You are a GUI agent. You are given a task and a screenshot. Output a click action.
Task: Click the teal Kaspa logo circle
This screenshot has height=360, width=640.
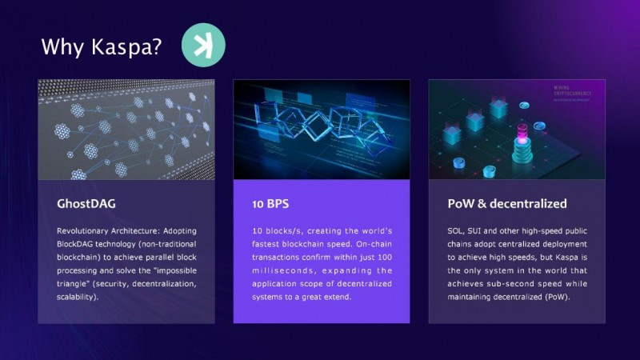coord(203,45)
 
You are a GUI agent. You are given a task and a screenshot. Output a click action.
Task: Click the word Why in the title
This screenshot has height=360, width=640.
coord(62,47)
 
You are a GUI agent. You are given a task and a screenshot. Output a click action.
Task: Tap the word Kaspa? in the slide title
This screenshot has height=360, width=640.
coord(126,47)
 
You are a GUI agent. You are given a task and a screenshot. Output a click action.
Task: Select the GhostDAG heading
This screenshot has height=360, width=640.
coord(86,203)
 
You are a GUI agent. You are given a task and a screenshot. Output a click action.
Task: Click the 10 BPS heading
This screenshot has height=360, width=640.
coord(270,204)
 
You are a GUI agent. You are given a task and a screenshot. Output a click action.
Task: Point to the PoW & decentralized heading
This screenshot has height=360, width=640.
coord(507,203)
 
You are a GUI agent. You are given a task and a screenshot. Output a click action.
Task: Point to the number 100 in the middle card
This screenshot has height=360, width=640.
coord(385,258)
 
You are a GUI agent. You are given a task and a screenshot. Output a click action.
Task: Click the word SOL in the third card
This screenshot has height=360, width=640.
coord(455,231)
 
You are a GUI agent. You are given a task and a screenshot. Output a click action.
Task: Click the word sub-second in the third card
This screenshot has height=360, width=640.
coord(504,284)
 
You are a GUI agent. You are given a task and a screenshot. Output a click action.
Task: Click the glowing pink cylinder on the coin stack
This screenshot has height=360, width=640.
coord(522,134)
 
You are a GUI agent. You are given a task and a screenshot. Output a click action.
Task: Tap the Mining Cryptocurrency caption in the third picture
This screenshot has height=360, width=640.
coord(572,91)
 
